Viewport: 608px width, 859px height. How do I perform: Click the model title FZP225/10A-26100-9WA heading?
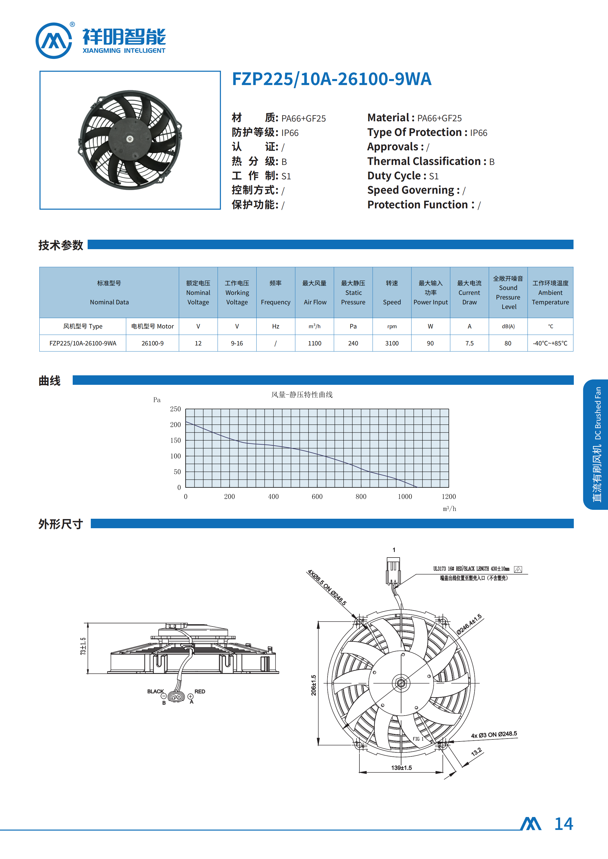(x=331, y=79)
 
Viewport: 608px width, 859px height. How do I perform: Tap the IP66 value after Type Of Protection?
(x=478, y=133)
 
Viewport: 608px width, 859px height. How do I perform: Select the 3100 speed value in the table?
(x=392, y=343)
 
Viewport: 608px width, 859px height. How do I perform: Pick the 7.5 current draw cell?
(x=469, y=343)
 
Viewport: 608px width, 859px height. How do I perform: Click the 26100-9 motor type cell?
(x=152, y=343)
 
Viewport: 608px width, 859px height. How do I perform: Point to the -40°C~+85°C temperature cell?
(x=550, y=343)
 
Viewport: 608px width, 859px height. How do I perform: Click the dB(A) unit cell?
(x=508, y=326)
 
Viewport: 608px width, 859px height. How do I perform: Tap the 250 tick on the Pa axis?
(x=175, y=409)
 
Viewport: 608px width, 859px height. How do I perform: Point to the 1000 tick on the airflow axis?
(x=405, y=497)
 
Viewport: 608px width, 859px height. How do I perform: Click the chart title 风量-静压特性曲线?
(x=302, y=395)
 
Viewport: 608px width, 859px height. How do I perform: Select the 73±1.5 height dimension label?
(x=83, y=646)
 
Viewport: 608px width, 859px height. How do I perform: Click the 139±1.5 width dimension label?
(x=401, y=768)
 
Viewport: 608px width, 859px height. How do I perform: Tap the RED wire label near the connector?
(x=199, y=691)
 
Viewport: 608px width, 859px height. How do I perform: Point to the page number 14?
(x=563, y=824)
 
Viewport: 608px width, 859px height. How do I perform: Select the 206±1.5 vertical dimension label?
(x=314, y=685)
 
